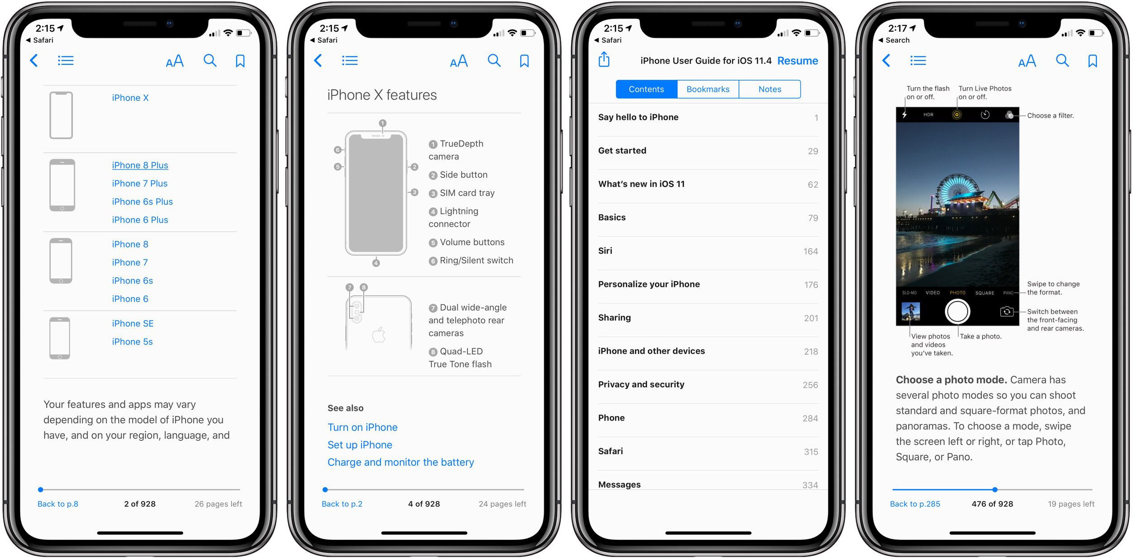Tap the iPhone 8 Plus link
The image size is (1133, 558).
[140, 166]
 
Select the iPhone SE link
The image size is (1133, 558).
[133, 323]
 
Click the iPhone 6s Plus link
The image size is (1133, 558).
[142, 202]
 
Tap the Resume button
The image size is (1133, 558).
[797, 61]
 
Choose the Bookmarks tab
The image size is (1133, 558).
[708, 89]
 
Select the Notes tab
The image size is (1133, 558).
[770, 89]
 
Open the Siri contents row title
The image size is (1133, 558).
[605, 251]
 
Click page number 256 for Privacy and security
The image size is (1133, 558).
[810, 385]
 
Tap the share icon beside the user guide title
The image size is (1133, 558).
[604, 59]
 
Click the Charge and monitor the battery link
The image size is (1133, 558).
[400, 462]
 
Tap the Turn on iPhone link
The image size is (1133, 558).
[362, 427]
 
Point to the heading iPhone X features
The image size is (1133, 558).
[382, 95]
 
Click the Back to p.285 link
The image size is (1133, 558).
[914, 504]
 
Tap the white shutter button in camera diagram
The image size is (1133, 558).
[957, 312]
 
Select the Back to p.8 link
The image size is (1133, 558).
[58, 504]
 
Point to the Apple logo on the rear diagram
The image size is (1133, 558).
[379, 335]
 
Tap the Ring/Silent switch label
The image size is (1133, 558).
[476, 260]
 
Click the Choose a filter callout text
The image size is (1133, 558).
[1050, 116]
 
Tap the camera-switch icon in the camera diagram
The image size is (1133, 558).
[1006, 312]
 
